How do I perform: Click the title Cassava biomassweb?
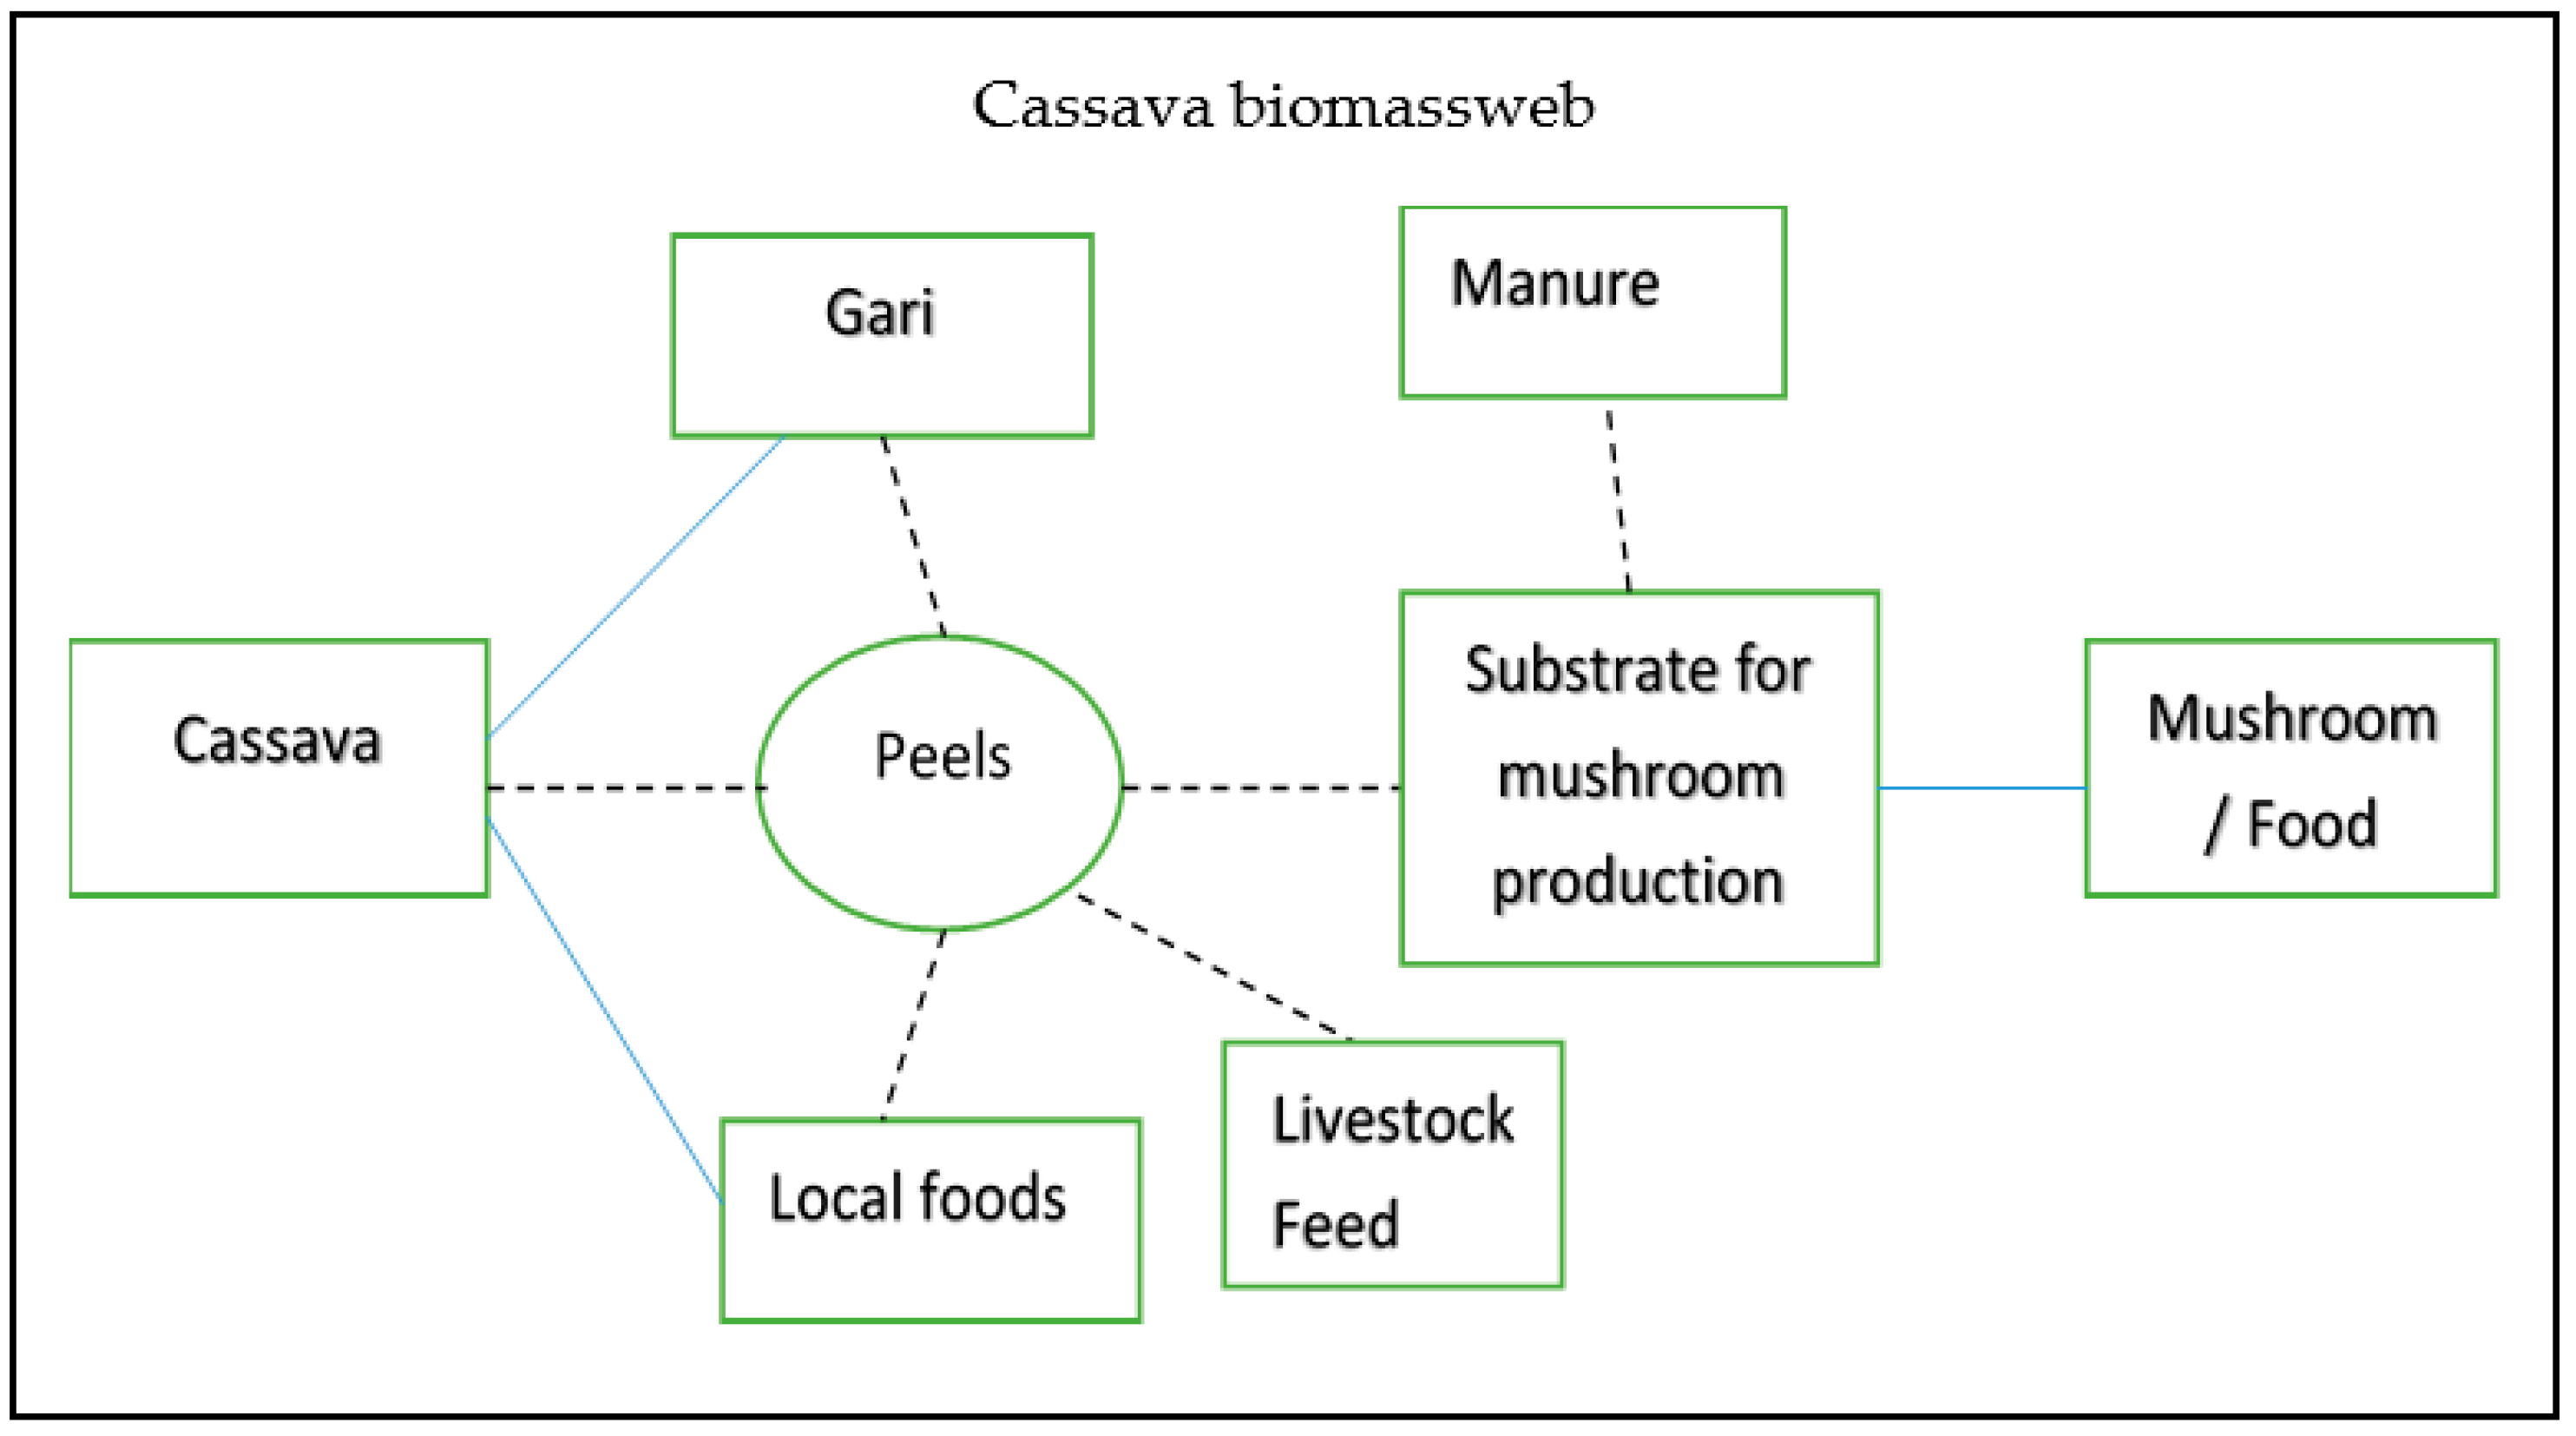point(1283,106)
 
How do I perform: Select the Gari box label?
point(880,313)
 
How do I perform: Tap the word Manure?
point(1555,284)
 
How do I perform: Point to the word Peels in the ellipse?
point(942,756)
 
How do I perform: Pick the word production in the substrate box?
point(1638,882)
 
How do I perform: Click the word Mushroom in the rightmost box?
point(2292,719)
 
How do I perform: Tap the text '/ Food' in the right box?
point(2291,826)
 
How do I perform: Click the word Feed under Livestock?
point(1335,1225)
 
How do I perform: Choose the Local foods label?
point(917,1198)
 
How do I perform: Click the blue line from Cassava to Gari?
point(636,587)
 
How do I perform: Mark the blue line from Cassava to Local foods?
point(604,1009)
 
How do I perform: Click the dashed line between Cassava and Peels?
point(625,788)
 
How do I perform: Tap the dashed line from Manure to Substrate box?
point(1619,500)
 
